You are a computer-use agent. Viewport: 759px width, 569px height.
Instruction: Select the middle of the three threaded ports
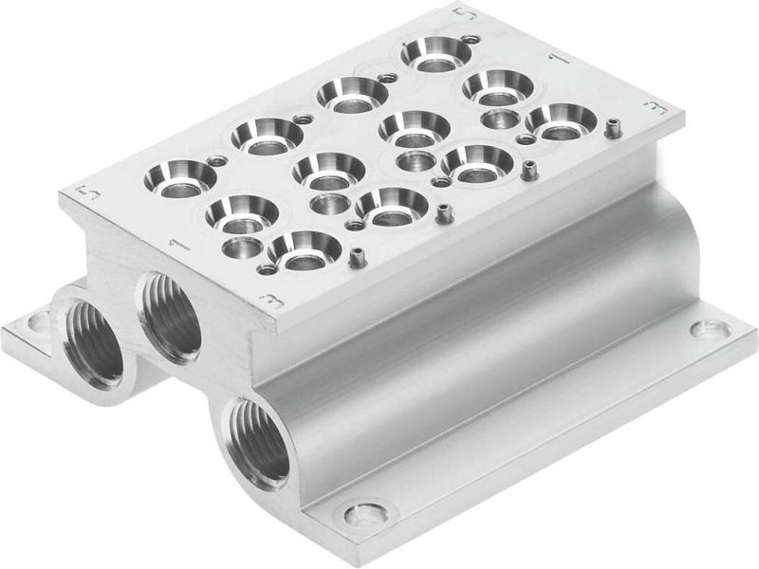tap(171, 316)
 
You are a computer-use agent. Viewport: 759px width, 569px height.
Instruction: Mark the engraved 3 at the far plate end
tap(651, 109)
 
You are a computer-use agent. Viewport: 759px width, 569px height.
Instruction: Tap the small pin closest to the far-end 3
tap(612, 125)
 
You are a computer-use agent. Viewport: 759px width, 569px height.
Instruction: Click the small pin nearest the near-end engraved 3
tap(357, 257)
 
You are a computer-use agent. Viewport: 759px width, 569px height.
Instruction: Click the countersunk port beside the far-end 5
tap(435, 52)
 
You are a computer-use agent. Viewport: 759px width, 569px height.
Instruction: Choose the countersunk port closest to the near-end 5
tap(180, 176)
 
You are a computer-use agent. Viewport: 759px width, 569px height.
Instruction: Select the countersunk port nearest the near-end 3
tap(304, 249)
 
